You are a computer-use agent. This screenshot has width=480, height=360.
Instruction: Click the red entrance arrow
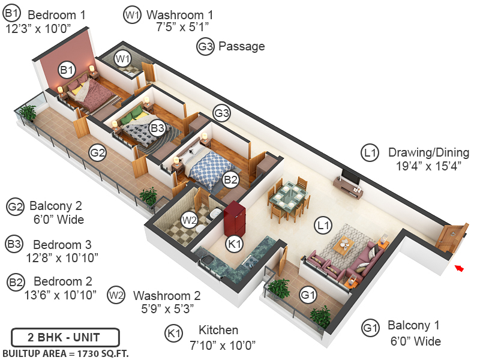coord(460,269)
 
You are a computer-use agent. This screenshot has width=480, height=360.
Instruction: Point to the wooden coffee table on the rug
coord(343,243)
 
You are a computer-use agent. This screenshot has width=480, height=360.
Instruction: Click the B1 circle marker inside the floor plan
coord(66,71)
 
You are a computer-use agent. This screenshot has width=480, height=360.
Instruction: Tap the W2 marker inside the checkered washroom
coord(190,220)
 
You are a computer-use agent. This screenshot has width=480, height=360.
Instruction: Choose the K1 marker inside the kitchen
coord(234,244)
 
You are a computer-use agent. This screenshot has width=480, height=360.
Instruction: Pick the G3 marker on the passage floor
coord(222,113)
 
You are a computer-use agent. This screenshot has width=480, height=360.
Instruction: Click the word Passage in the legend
coord(241,46)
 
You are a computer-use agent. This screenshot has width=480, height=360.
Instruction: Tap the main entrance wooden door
coord(451,239)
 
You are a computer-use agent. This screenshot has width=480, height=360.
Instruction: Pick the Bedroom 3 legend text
coord(62,245)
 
